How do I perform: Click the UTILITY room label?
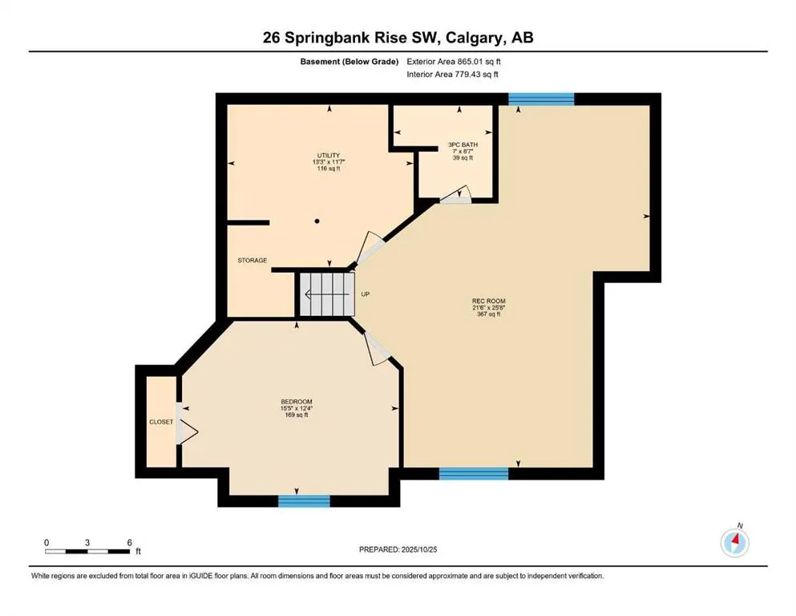(328, 156)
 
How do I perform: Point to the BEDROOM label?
(296, 402)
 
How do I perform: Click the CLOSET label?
(161, 421)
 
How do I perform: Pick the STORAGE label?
(252, 260)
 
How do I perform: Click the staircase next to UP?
(325, 294)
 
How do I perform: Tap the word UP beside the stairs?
(365, 294)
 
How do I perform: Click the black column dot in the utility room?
(317, 221)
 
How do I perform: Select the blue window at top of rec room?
(541, 99)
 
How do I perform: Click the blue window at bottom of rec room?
(473, 473)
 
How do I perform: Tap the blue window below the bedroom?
(304, 500)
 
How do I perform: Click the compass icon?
(734, 543)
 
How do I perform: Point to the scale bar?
(87, 550)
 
